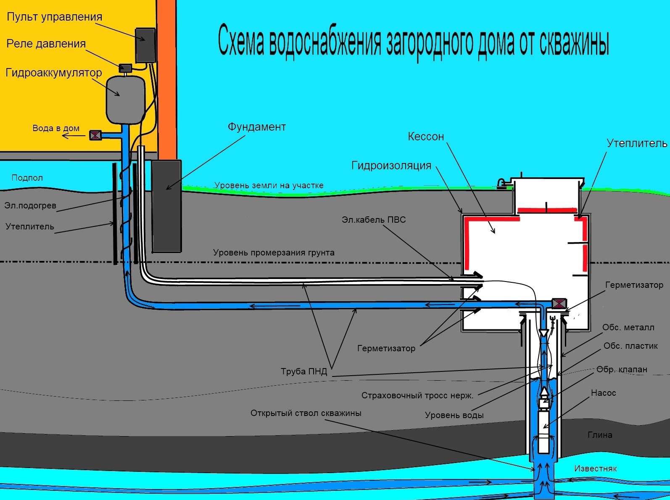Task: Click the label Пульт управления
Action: [54, 17]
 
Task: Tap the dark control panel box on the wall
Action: [145, 45]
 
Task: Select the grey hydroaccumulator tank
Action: [125, 100]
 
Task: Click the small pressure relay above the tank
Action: [126, 67]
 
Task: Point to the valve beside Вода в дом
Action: [95, 135]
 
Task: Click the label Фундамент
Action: [256, 127]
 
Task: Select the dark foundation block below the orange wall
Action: [166, 206]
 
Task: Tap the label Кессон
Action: [426, 137]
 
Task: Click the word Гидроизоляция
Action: [391, 166]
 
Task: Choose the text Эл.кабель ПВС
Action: [374, 220]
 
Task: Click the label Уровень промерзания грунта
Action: [274, 253]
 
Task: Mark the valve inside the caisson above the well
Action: [559, 303]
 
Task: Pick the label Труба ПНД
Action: [303, 371]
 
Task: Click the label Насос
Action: [603, 393]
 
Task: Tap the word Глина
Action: [600, 435]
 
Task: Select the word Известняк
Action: [595, 469]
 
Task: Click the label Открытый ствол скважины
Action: [306, 413]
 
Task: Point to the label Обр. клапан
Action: [622, 370]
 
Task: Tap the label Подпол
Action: [27, 178]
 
